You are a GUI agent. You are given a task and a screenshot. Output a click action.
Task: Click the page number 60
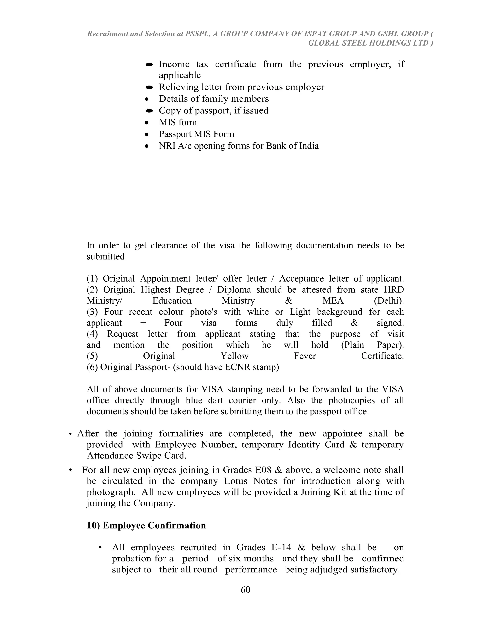click(245, 589)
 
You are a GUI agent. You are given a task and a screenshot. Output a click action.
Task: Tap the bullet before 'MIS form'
click(147, 123)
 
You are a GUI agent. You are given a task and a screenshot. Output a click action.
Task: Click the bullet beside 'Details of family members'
click(147, 99)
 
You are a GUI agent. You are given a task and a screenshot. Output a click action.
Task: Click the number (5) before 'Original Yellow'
click(92, 356)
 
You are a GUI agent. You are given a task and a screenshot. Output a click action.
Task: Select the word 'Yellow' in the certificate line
click(234, 356)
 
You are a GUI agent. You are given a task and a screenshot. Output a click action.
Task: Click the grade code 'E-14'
click(281, 547)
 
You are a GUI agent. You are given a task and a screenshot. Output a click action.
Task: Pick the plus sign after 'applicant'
click(143, 323)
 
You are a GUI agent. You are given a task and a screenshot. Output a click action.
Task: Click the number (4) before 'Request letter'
click(92, 334)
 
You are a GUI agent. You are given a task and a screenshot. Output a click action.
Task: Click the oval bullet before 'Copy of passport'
click(149, 111)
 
